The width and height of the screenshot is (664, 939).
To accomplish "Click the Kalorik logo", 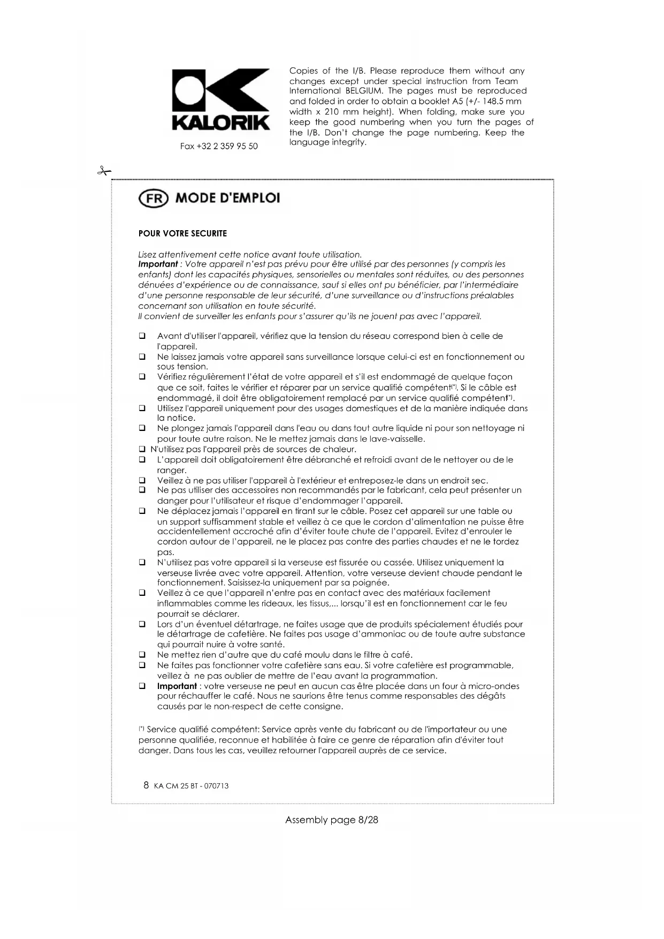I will (220, 100).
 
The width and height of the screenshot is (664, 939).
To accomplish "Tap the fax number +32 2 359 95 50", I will (219, 146).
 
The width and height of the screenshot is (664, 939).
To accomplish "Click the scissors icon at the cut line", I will (104, 171).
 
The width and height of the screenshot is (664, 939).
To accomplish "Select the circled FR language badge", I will (154, 199).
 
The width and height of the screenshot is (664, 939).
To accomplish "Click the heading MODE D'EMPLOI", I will (227, 198).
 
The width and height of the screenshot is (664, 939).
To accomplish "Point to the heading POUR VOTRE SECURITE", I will (182, 233).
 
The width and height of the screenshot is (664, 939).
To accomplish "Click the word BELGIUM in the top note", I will (364, 91).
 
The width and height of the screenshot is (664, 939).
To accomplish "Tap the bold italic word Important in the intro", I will (157, 264).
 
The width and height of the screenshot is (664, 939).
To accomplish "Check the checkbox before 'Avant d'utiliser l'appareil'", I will (142, 336).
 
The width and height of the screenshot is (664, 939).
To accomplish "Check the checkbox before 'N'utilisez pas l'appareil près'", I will (142, 449).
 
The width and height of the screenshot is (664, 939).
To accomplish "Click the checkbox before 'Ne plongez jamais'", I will (142, 428).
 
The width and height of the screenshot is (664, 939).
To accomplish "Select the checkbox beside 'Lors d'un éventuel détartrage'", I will (142, 624).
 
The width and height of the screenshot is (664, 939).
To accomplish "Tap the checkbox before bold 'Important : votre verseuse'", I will (142, 686).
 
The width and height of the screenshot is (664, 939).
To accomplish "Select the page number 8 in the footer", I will (146, 785).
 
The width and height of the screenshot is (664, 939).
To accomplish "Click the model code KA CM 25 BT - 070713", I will (191, 786).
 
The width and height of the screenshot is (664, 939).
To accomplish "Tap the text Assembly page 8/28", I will (332, 820).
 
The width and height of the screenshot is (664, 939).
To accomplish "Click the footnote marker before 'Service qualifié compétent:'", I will (141, 729).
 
